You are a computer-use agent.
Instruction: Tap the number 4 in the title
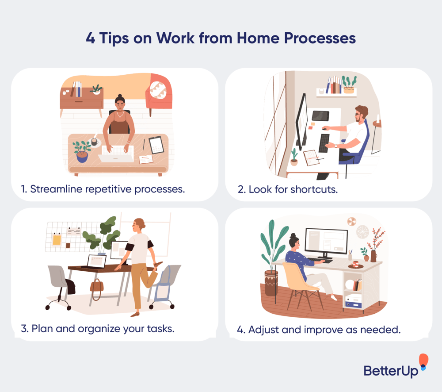(x=91, y=38)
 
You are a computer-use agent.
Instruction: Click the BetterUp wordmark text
(x=391, y=370)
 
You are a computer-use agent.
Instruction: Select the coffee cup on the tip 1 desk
(x=94, y=142)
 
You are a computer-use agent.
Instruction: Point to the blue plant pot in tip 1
(x=82, y=156)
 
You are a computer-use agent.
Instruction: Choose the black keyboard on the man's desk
(x=324, y=143)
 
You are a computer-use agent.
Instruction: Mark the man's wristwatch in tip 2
(x=335, y=145)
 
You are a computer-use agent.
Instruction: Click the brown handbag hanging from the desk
(x=96, y=284)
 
